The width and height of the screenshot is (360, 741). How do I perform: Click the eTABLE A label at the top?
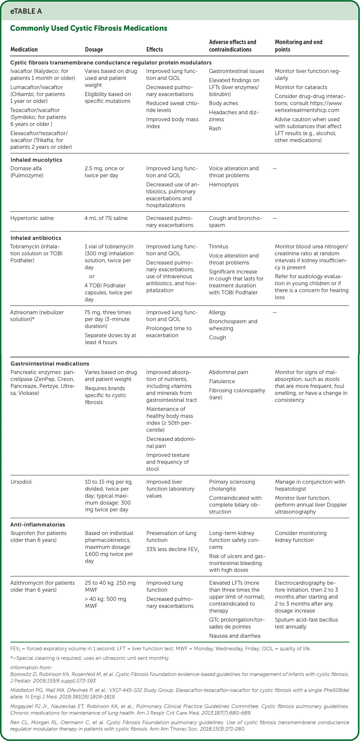coord(26,11)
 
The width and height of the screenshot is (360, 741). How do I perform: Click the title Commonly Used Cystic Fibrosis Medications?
coord(89,28)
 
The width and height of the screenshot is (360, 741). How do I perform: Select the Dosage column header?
coord(94,49)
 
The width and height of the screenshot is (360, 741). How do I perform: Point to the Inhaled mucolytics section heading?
coord(36,160)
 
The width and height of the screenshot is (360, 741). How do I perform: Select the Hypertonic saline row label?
coord(32,218)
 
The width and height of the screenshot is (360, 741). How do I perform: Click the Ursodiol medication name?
coord(21,482)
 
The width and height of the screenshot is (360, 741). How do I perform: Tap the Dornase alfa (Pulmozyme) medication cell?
coord(27,172)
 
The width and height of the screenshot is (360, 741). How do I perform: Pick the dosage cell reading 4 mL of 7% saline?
coord(106,218)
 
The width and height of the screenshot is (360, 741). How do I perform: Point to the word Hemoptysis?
coord(224,184)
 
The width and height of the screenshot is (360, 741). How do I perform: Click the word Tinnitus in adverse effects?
coord(218,247)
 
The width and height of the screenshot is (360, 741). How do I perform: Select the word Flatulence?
coord(222,381)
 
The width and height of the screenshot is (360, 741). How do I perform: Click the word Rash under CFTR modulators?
coord(215,128)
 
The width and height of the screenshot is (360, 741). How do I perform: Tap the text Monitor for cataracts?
coord(301,87)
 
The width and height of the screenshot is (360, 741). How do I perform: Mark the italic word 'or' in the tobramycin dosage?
coord(92,276)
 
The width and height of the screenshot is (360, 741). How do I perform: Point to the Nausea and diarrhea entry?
coord(235,636)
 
